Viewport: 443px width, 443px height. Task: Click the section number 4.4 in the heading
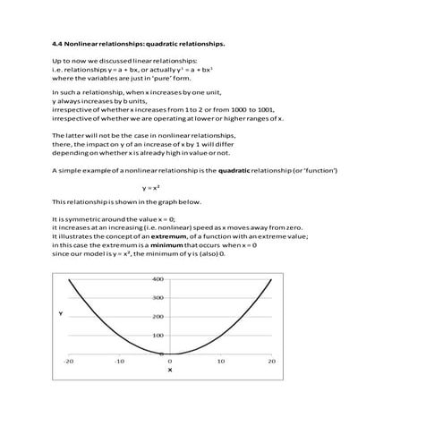(58, 41)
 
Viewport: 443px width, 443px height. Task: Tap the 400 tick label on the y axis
(157, 279)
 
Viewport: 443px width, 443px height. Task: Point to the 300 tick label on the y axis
(157, 298)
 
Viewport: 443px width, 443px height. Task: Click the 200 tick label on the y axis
(157, 317)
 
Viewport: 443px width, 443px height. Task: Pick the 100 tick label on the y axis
(157, 336)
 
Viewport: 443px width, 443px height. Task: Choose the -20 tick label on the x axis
(69, 361)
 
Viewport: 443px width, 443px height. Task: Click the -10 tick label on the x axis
(119, 361)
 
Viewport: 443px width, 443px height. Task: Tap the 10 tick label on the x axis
(221, 361)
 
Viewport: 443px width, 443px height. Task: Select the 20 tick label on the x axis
(271, 361)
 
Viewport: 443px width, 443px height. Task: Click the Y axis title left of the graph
(60, 314)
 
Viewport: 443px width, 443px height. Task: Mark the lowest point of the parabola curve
(170, 354)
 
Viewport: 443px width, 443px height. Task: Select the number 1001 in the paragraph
(262, 109)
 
